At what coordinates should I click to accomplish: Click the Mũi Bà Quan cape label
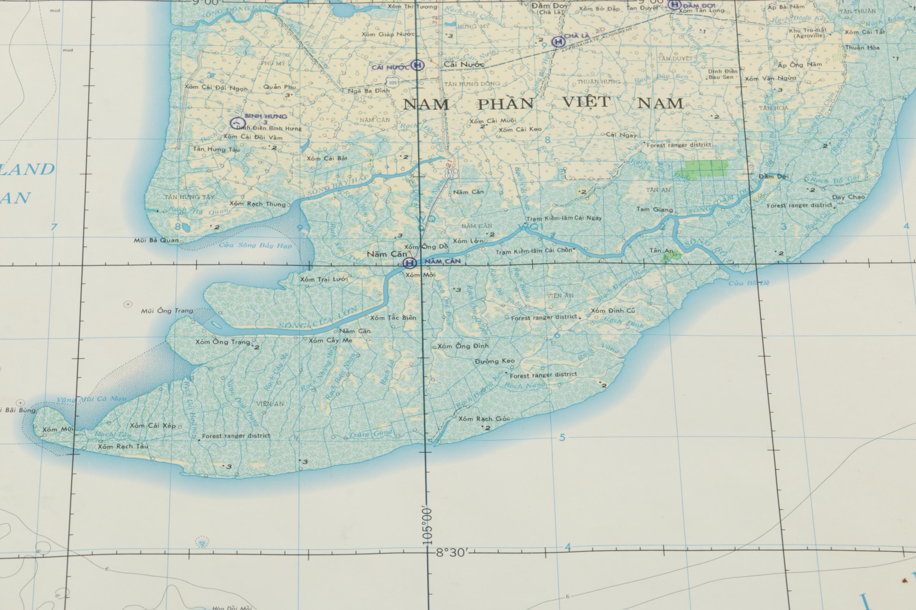156,241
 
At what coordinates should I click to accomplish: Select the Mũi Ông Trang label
167,311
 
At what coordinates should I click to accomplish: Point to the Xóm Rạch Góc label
484,419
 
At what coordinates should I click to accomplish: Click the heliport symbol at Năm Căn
409,263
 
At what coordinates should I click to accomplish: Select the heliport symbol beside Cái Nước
418,65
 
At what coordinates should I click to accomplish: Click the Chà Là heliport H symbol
559,41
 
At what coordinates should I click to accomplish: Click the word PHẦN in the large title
505,104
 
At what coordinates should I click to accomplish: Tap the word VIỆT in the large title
587,102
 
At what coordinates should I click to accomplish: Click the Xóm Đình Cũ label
613,311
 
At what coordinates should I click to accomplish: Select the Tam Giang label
654,209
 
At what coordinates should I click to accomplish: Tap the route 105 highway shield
392,83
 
